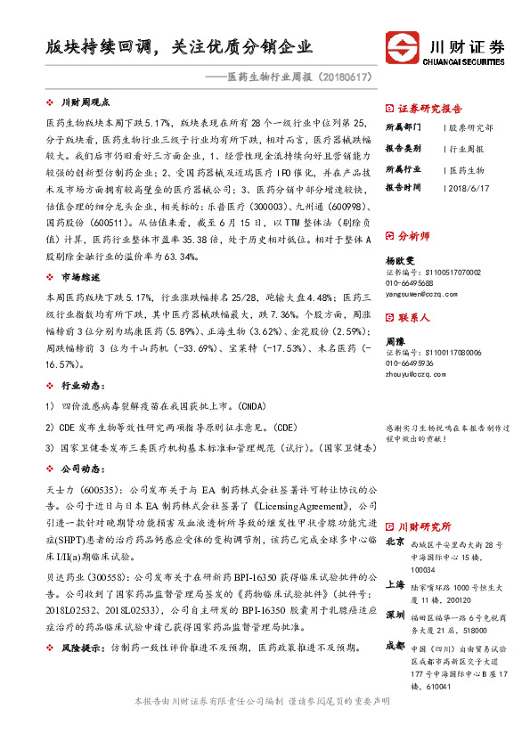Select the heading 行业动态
coord(78,388)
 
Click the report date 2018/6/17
coord(473,188)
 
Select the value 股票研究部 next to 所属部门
coord(472,128)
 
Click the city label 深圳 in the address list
coord(396,615)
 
